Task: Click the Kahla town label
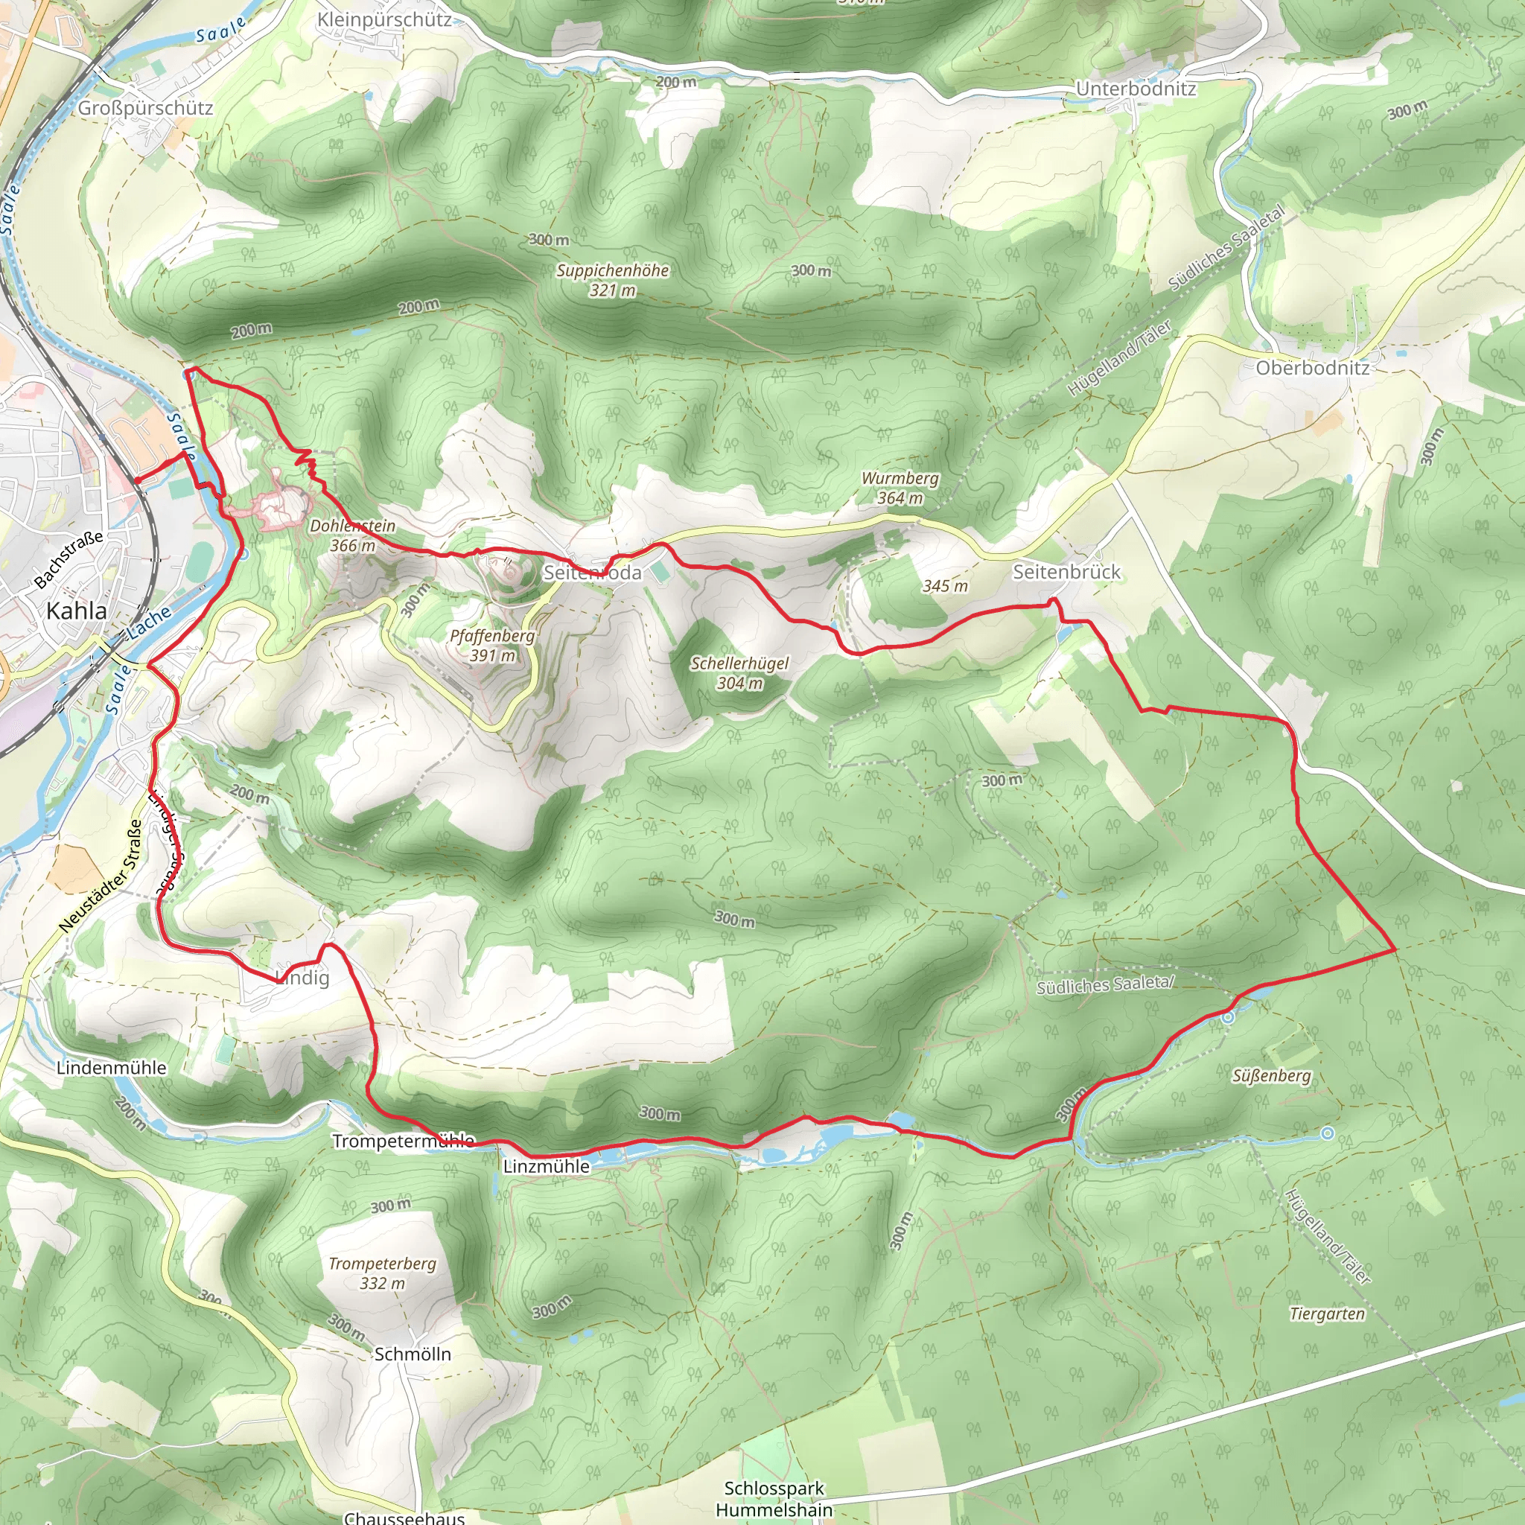(77, 611)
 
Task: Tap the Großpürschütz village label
(145, 108)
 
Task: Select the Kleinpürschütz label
(384, 20)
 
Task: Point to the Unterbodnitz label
(1136, 89)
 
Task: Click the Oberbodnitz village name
(1313, 368)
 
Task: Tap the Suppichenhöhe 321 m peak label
(613, 280)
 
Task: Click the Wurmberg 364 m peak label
(900, 488)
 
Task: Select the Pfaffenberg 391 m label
(492, 645)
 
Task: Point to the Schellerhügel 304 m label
(739, 673)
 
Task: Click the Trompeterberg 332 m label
(382, 1273)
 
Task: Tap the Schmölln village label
(413, 1354)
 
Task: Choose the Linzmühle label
(547, 1167)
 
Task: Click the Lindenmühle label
(111, 1068)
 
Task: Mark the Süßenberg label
(1272, 1076)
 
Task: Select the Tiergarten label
(1327, 1314)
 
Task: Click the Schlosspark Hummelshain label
(774, 1498)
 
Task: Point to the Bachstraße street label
(69, 560)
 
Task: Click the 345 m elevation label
(945, 587)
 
